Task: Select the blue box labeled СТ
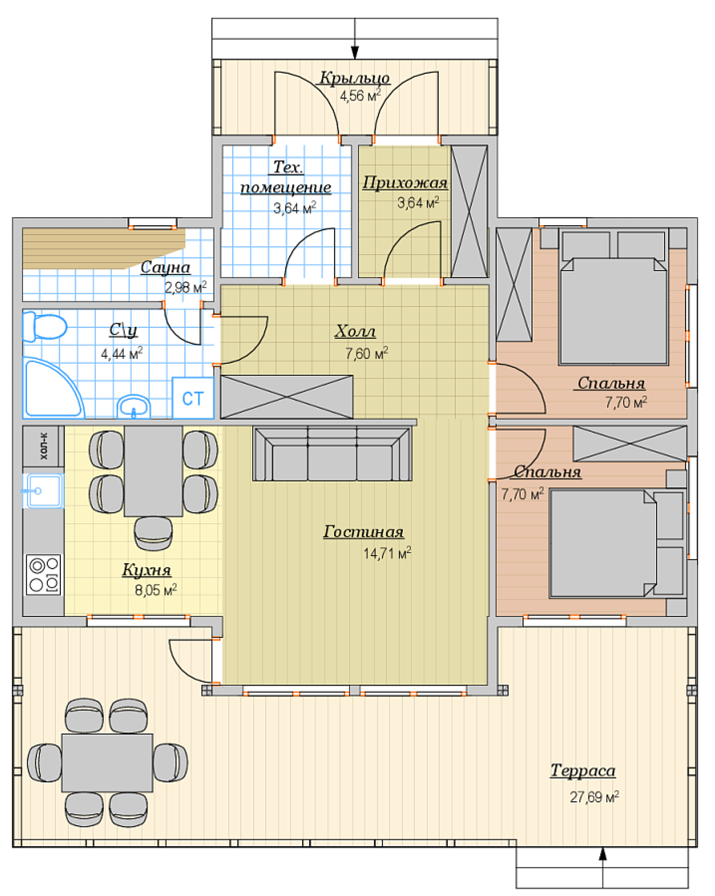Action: pos(193,398)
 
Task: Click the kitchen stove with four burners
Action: pos(43,574)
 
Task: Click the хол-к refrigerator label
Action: pos(44,446)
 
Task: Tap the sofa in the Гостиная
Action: pos(332,454)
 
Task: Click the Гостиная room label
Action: pos(363,532)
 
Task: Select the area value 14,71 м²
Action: pos(387,553)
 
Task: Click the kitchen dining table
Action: pos(153,471)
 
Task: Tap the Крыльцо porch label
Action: pos(355,78)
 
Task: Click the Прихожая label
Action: pos(405,183)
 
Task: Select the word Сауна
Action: pos(165,267)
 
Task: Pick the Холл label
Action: pos(355,331)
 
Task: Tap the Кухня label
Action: pos(147,570)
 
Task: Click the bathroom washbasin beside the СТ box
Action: pos(133,406)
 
